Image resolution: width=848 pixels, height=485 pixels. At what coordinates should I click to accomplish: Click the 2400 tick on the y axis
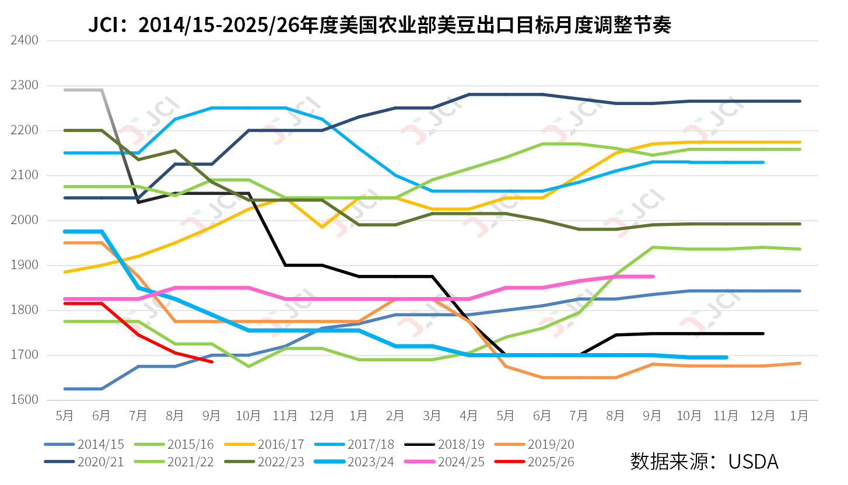pyautogui.click(x=24, y=40)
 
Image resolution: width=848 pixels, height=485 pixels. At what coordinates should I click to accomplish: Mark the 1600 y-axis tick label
pyautogui.click(x=24, y=400)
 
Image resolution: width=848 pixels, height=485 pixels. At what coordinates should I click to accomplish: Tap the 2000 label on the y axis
pyautogui.click(x=24, y=221)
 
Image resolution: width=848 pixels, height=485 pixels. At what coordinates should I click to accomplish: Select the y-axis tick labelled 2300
pyautogui.click(x=24, y=86)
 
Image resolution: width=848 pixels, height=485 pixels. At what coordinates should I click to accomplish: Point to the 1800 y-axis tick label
pyautogui.click(x=24, y=310)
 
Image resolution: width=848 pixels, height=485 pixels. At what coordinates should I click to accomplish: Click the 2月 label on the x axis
pyautogui.click(x=395, y=416)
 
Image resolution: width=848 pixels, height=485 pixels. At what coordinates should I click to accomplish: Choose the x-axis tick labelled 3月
pyautogui.click(x=432, y=416)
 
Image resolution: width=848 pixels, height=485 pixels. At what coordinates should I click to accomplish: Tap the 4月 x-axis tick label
pyautogui.click(x=468, y=416)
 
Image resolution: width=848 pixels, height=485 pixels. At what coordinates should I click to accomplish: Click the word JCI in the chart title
pyautogui.click(x=104, y=25)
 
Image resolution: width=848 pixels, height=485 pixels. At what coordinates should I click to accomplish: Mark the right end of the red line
pyautogui.click(x=212, y=362)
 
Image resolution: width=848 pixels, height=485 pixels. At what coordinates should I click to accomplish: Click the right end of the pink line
pyautogui.click(x=653, y=277)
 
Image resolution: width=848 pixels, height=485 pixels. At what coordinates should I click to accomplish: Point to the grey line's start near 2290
pyautogui.click(x=65, y=90)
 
